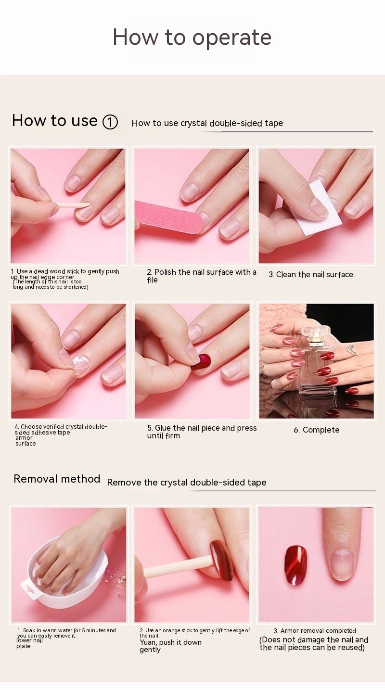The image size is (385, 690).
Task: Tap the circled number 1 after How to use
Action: (110, 122)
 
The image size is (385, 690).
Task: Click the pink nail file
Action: (169, 217)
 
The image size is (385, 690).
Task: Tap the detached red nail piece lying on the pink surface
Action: (295, 565)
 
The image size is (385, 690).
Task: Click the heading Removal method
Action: (57, 479)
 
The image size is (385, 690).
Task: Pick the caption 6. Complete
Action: (317, 430)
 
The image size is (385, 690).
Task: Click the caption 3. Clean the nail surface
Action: (311, 274)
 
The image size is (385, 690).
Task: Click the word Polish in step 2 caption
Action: (166, 272)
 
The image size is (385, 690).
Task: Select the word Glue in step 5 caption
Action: (163, 428)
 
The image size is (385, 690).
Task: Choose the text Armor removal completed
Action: (318, 630)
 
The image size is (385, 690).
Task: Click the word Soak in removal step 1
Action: (29, 630)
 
